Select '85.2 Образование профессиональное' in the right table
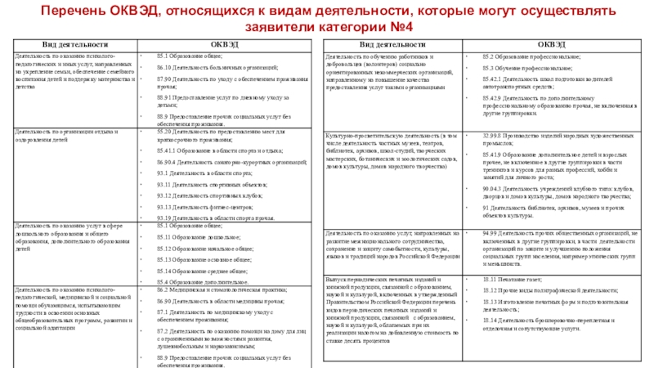pyautogui.click(x=531, y=55)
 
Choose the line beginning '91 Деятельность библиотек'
pyautogui.click(x=556, y=211)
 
